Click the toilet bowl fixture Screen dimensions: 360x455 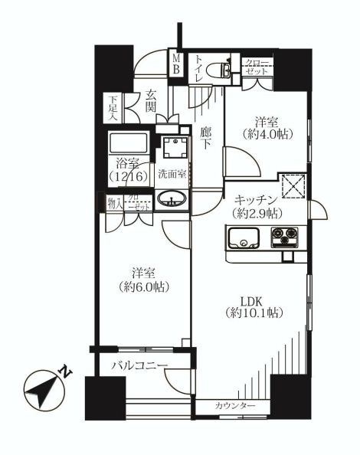click(x=219, y=70)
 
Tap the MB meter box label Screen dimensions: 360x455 click(x=176, y=64)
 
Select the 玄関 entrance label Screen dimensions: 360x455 click(x=151, y=100)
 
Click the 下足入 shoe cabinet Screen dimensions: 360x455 click(x=113, y=108)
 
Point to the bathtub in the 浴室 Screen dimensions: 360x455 click(x=128, y=142)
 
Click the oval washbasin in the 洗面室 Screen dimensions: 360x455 click(x=172, y=199)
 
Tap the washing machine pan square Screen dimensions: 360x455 click(x=175, y=147)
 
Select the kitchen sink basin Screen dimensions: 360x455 click(x=244, y=238)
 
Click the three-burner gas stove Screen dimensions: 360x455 click(x=285, y=238)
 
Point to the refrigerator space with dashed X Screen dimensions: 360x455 click(x=294, y=186)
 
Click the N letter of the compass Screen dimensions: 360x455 click(x=66, y=372)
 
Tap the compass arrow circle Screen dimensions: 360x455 click(x=44, y=391)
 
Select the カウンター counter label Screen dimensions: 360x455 click(x=235, y=405)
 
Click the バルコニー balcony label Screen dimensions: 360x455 click(x=140, y=365)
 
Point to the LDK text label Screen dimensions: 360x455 click(x=252, y=302)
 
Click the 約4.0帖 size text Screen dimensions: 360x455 click(x=267, y=134)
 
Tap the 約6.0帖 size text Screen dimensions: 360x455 click(x=143, y=287)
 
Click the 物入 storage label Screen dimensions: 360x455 click(x=115, y=204)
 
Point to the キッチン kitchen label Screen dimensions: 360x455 click(x=256, y=200)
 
